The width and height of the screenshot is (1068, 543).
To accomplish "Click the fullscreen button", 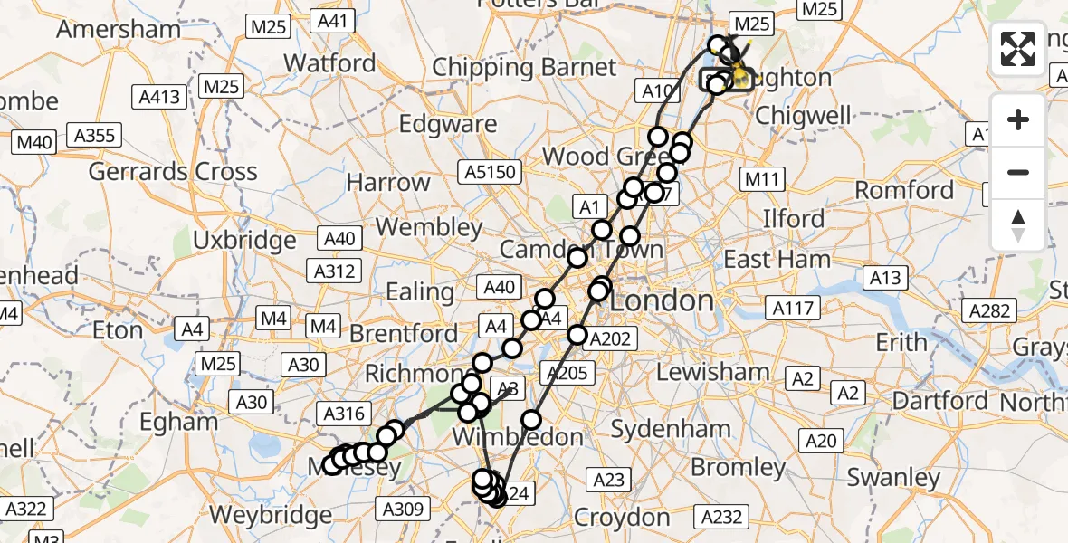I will [1018, 49].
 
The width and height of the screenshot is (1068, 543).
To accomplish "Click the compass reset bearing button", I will [1018, 224].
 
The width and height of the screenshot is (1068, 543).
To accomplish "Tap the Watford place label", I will [329, 63].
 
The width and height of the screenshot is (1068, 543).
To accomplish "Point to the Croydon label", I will [623, 518].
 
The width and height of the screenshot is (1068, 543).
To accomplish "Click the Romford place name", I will [904, 190].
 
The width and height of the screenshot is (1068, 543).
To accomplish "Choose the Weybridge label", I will [271, 515].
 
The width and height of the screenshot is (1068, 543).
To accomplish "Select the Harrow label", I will [388, 182].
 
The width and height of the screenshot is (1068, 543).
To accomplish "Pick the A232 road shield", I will [723, 517].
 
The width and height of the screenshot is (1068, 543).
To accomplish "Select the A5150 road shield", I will [491, 172].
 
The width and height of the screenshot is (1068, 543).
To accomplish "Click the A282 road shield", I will [988, 311].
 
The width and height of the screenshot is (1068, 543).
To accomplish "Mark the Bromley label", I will [739, 468].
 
